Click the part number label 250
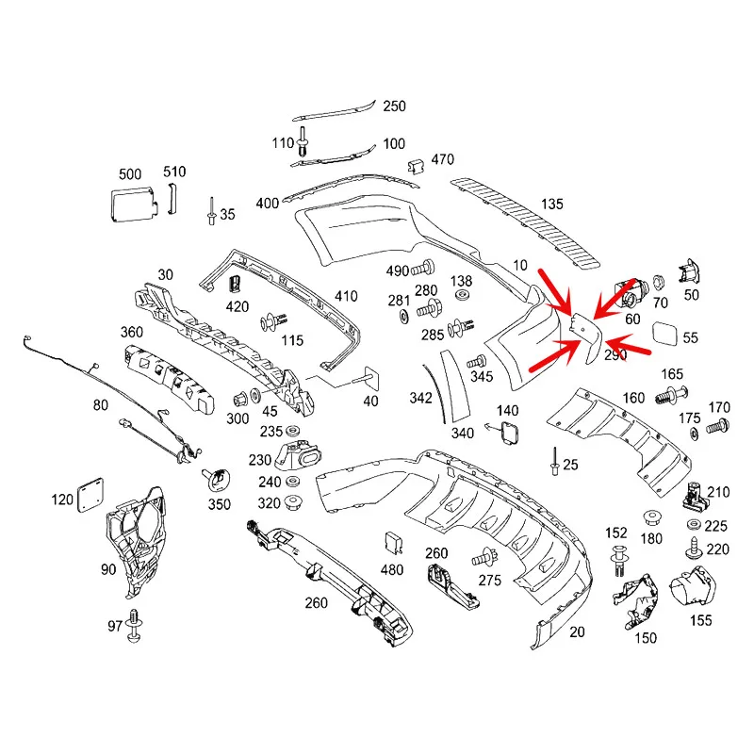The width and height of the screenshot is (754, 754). [x=394, y=106]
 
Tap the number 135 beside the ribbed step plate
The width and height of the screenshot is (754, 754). [x=551, y=204]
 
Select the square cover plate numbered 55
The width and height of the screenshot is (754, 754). [x=664, y=335]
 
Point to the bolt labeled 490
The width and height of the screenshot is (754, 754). [x=423, y=269]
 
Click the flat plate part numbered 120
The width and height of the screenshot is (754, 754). [x=90, y=495]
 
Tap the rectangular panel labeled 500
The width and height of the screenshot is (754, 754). [x=133, y=205]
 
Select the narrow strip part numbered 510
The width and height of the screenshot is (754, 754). [x=172, y=198]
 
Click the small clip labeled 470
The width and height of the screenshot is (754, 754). [x=416, y=167]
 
